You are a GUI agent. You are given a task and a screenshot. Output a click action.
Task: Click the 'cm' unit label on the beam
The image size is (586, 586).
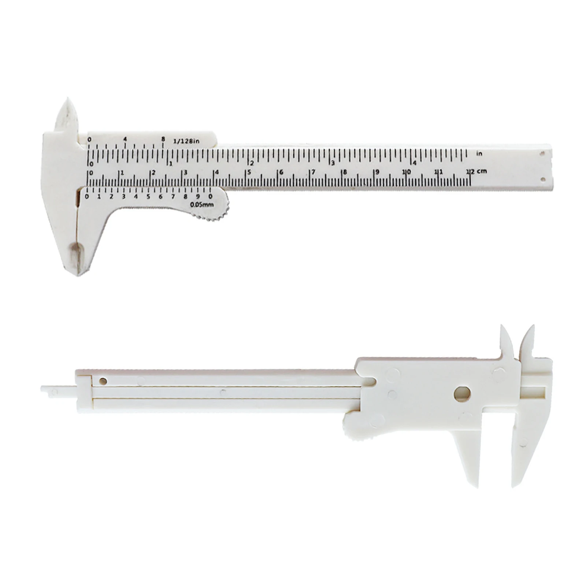tap(482, 171)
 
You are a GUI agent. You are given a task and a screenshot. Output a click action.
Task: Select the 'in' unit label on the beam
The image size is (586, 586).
tap(479, 154)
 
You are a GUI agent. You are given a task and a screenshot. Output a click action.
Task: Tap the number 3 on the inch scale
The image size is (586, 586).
tap(333, 163)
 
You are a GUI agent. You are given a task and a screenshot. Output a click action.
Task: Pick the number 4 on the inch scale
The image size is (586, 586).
tap(415, 163)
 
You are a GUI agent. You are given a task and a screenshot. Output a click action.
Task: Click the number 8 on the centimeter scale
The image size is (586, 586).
tap(345, 173)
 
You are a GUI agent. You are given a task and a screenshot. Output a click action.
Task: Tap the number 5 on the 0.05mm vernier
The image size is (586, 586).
tap(148, 197)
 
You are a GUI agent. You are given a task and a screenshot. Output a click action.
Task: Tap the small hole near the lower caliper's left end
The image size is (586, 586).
tap(103, 381)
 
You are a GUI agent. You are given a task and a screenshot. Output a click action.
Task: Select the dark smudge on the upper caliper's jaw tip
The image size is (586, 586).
tap(76, 253)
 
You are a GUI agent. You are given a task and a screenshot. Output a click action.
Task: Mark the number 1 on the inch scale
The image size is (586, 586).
tap(171, 163)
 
